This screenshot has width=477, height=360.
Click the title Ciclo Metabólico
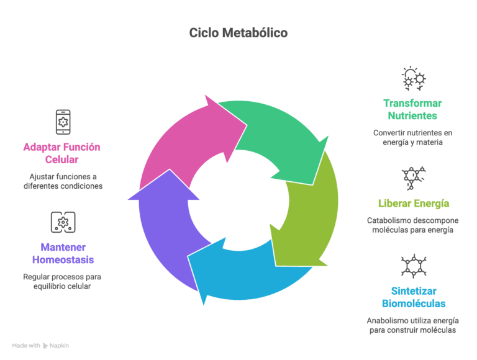pos(238,33)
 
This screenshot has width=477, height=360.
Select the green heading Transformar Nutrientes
pos(412,109)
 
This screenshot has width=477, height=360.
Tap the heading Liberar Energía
pos(414,203)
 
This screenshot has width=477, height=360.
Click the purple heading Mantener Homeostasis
pos(63,253)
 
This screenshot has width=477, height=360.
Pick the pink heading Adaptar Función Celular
pos(61,153)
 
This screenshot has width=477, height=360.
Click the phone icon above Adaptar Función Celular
pos(63,122)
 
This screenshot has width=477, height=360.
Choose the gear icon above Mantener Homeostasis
pos(63,222)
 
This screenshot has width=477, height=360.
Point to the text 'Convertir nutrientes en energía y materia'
pos(412,138)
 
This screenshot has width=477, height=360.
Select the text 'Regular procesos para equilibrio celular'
pos(63,282)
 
